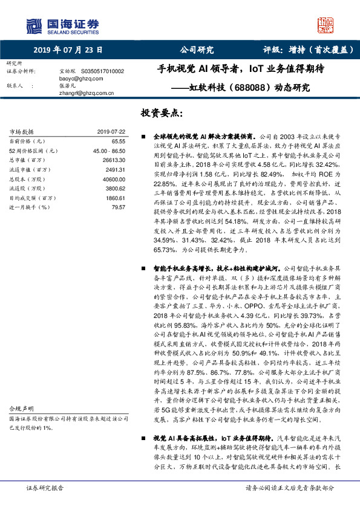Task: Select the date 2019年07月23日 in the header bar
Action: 68,50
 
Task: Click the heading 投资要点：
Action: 161,114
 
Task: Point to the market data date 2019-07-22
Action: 111,132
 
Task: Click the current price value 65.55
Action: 117,140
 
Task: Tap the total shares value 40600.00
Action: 113,180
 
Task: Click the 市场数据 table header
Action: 22,132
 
